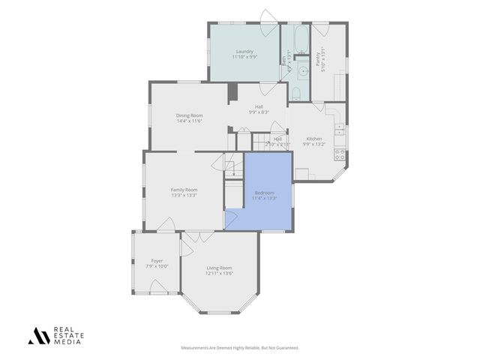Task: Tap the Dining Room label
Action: click(190, 115)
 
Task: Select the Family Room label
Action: click(184, 190)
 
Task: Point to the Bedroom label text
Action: click(264, 193)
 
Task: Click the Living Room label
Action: click(219, 268)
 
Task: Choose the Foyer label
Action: click(157, 261)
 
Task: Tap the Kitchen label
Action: click(313, 139)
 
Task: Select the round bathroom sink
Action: click(302, 72)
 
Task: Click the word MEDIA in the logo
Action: click(67, 342)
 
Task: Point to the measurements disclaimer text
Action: click(240, 347)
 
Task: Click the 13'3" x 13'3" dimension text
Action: click(184, 195)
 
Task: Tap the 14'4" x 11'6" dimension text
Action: click(190, 121)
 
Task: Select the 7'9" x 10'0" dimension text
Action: click(157, 266)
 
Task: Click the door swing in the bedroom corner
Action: click(232, 218)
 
